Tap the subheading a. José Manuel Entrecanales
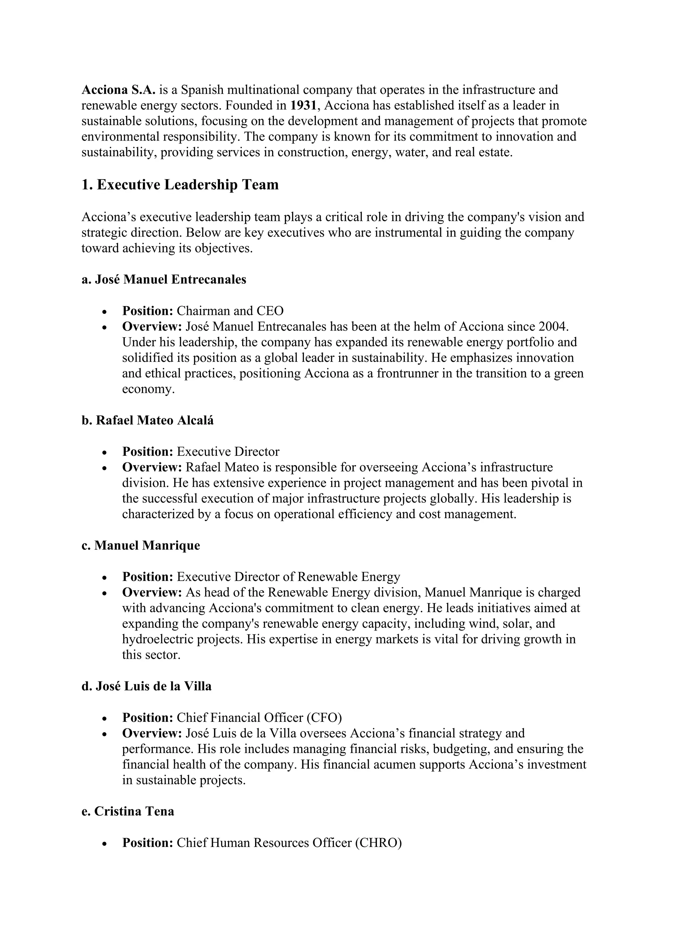[x=164, y=279]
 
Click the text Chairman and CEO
[x=230, y=311]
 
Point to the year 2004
[x=554, y=326]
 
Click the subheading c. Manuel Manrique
[x=141, y=545]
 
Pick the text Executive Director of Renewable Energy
[x=289, y=577]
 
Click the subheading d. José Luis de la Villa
[x=146, y=686]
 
